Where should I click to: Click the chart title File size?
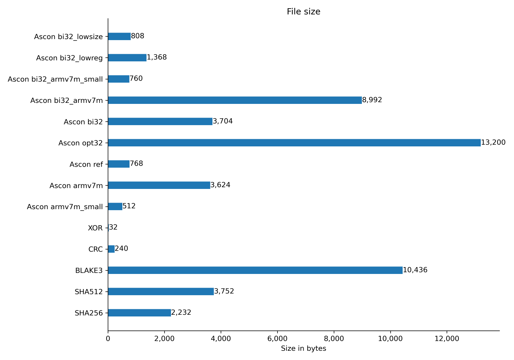303,12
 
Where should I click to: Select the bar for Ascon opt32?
294,143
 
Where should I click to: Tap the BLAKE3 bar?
255,270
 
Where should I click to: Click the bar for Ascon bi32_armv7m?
235,100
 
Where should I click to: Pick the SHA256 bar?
139,313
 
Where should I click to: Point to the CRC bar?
111,249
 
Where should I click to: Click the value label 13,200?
493,143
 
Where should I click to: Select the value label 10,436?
415,270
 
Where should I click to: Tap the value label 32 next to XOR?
113,228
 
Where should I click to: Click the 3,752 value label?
224,291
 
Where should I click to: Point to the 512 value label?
129,206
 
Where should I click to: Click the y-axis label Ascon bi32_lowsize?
68,37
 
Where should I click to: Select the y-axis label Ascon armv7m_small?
65,207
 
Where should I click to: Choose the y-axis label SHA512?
88,292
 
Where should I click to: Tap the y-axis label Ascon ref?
86,164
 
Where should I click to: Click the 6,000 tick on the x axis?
277,339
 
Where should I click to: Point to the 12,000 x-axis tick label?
446,339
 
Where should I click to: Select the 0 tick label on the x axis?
108,339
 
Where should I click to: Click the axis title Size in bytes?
303,349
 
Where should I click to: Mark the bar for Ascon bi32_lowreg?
127,58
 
